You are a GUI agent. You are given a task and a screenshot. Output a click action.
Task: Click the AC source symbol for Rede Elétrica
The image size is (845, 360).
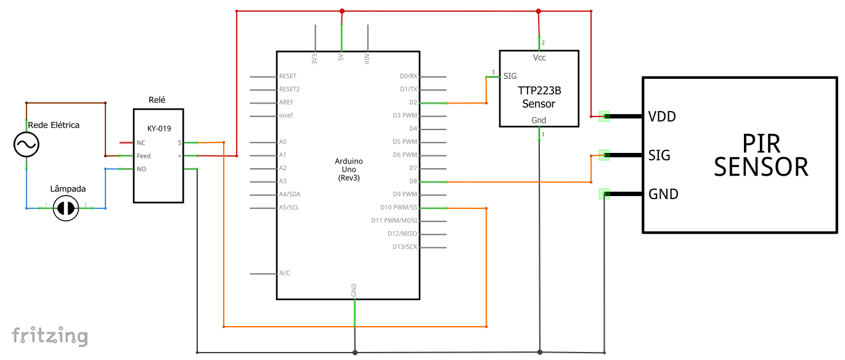pos(27,144)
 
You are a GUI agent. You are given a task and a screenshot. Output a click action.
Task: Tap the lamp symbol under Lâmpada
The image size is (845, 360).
pos(66,208)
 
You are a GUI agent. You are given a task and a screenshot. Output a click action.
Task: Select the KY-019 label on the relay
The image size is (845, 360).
pos(159,129)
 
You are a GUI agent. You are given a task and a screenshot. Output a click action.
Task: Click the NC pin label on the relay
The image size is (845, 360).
pos(141,143)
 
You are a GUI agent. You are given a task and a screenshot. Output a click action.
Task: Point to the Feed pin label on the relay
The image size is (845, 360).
pos(144,156)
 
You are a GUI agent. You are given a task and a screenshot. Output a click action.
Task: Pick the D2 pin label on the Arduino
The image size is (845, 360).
pos(413,102)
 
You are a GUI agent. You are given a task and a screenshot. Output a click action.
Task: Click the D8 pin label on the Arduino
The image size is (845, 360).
pos(413,181)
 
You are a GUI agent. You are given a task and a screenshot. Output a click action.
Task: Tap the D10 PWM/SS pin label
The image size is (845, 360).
pos(399,208)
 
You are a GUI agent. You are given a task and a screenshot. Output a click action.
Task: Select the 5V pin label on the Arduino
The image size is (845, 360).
pos(341,57)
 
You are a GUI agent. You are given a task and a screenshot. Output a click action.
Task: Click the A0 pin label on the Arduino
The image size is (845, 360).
pos(283,142)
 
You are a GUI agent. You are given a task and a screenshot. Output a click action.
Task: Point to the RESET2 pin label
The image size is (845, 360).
pos(289,89)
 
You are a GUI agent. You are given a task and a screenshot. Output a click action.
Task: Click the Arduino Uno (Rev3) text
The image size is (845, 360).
pos(349,170)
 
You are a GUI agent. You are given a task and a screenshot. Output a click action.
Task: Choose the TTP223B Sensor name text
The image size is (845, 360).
pos(539,97)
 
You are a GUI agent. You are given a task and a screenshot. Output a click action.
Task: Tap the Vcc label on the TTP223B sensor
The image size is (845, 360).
pos(539,58)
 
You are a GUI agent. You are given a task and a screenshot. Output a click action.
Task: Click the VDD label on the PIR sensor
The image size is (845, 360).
pos(662,117)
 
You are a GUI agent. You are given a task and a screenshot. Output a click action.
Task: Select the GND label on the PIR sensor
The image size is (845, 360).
pos(663,194)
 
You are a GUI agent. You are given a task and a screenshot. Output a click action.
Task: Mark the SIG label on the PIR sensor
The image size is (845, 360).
pos(659,155)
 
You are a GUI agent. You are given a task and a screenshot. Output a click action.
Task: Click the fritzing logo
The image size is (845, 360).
pos(50,336)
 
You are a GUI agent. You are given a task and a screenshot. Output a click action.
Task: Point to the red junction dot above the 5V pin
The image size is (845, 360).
pos(342,11)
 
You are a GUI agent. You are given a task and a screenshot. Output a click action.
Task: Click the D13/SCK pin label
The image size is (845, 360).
pos(405,247)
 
